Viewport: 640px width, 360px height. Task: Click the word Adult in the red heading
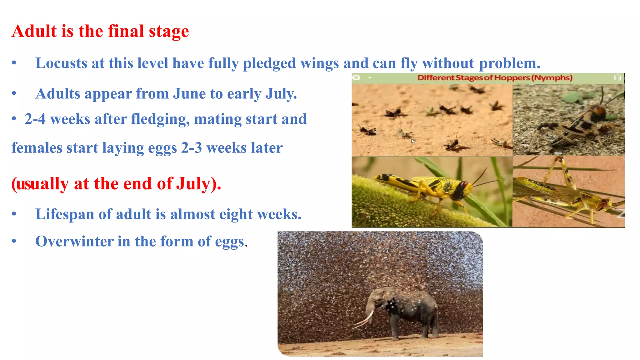click(34, 31)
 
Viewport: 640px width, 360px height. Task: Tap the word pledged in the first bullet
click(269, 64)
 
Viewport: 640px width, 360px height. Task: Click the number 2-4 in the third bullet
click(35, 119)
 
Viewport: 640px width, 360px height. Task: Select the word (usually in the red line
click(40, 184)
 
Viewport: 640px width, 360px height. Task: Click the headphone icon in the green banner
click(617, 77)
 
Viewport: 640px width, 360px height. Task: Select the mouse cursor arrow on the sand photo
click(413, 141)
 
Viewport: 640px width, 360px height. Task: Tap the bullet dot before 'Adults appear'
click(14, 93)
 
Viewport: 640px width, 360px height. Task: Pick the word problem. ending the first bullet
click(510, 64)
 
